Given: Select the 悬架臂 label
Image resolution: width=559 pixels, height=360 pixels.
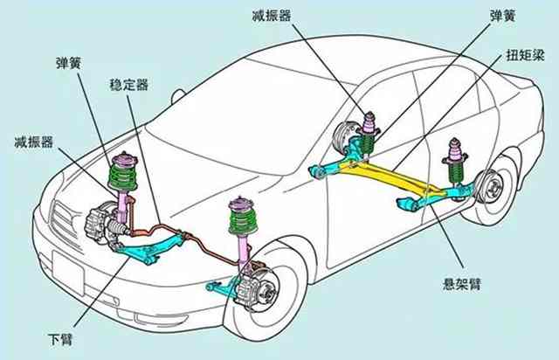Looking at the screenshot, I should (462, 282).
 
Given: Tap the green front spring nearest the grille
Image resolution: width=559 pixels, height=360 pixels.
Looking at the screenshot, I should (124, 177).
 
